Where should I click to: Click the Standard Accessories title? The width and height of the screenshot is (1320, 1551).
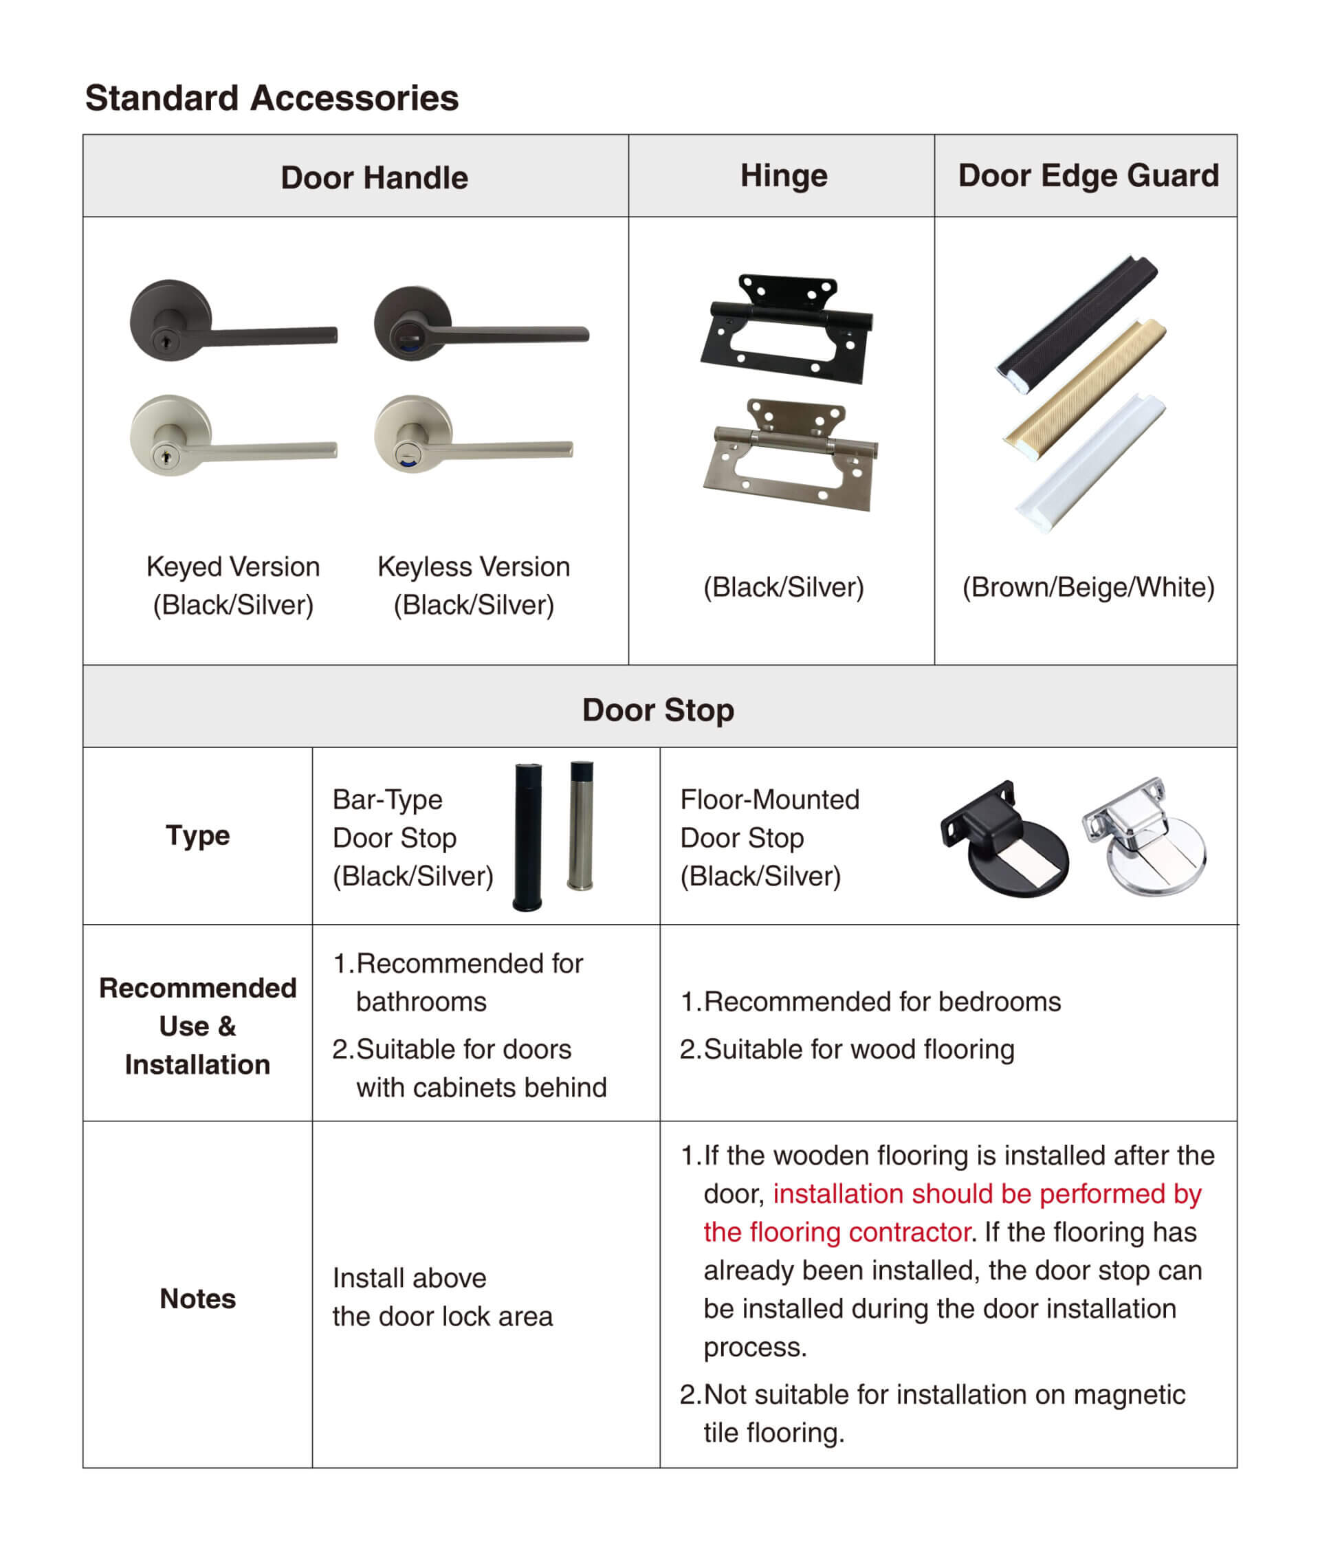[272, 98]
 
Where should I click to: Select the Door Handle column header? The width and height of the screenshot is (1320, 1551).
[374, 178]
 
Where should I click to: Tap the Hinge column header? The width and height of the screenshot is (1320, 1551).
[784, 176]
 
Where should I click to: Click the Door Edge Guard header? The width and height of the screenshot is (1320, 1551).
[1088, 176]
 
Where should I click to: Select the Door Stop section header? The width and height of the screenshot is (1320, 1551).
[658, 710]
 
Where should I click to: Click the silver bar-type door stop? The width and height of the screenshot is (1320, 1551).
[582, 827]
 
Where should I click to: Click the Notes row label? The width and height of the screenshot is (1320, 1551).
[197, 1299]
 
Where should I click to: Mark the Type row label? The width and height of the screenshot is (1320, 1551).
[197, 836]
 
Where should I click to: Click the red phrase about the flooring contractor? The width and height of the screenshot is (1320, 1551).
[950, 1213]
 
